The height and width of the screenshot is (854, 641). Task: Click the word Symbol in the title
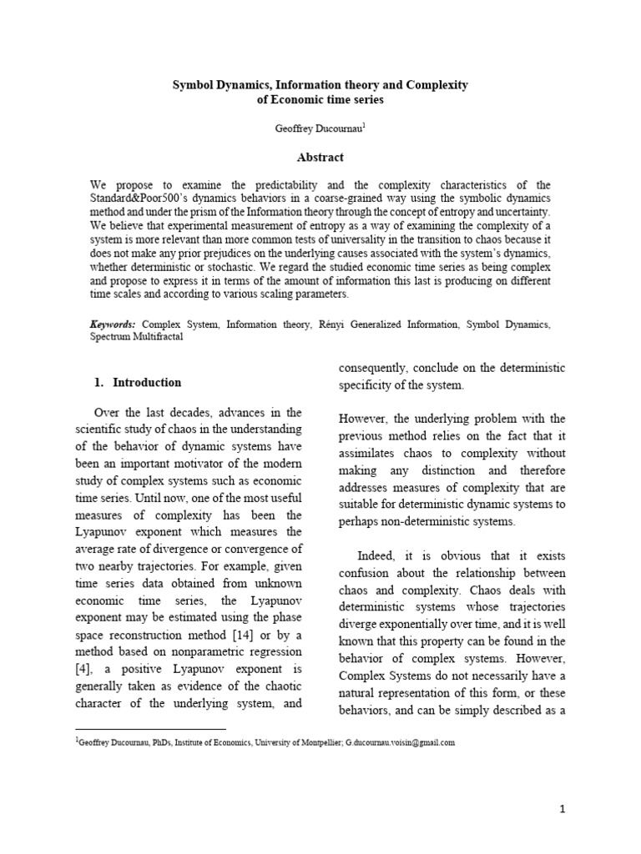pos(193,85)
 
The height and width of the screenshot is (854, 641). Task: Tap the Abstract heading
pos(320,157)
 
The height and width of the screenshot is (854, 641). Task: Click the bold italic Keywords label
pos(114,324)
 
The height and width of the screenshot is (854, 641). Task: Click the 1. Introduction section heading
pos(137,383)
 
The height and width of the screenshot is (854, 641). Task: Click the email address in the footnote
pos(400,743)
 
